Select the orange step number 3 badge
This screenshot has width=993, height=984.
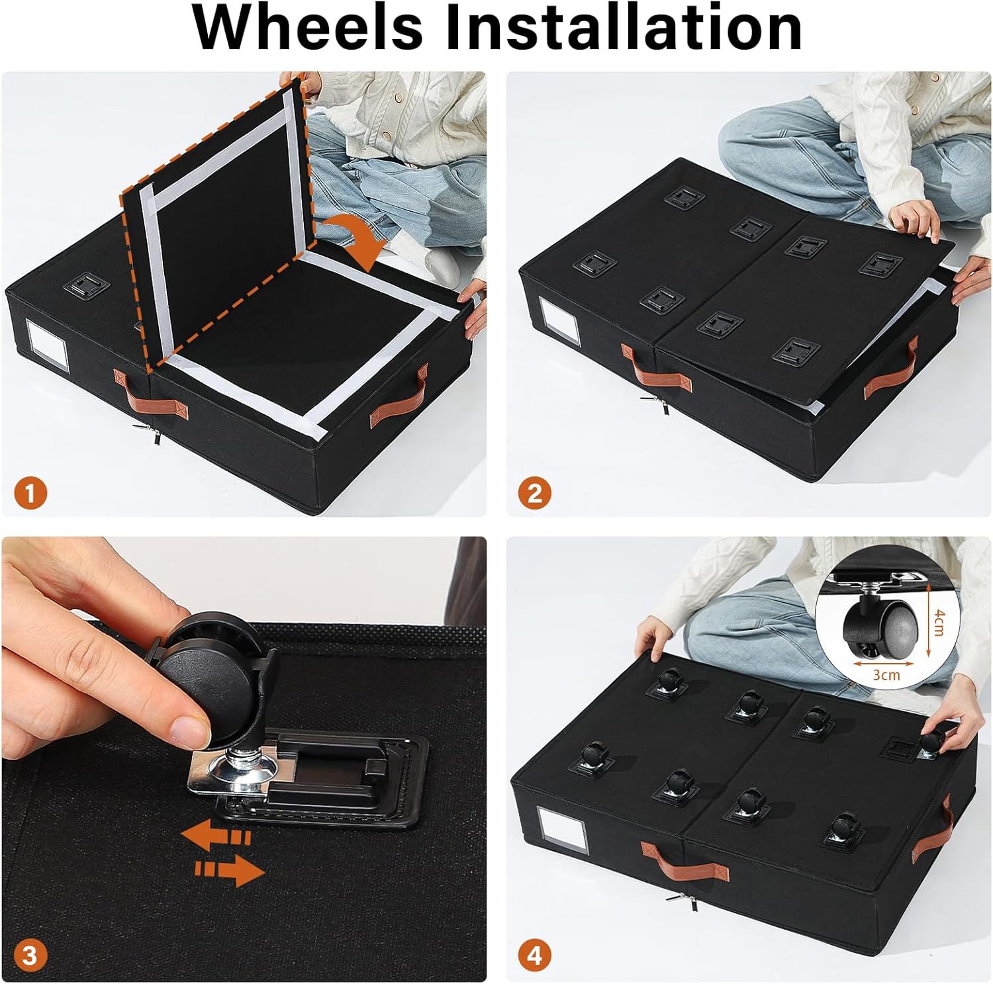[30, 956]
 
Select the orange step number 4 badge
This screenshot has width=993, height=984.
[535, 956]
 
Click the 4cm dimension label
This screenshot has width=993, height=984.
[938, 623]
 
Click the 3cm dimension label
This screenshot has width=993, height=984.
[886, 675]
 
